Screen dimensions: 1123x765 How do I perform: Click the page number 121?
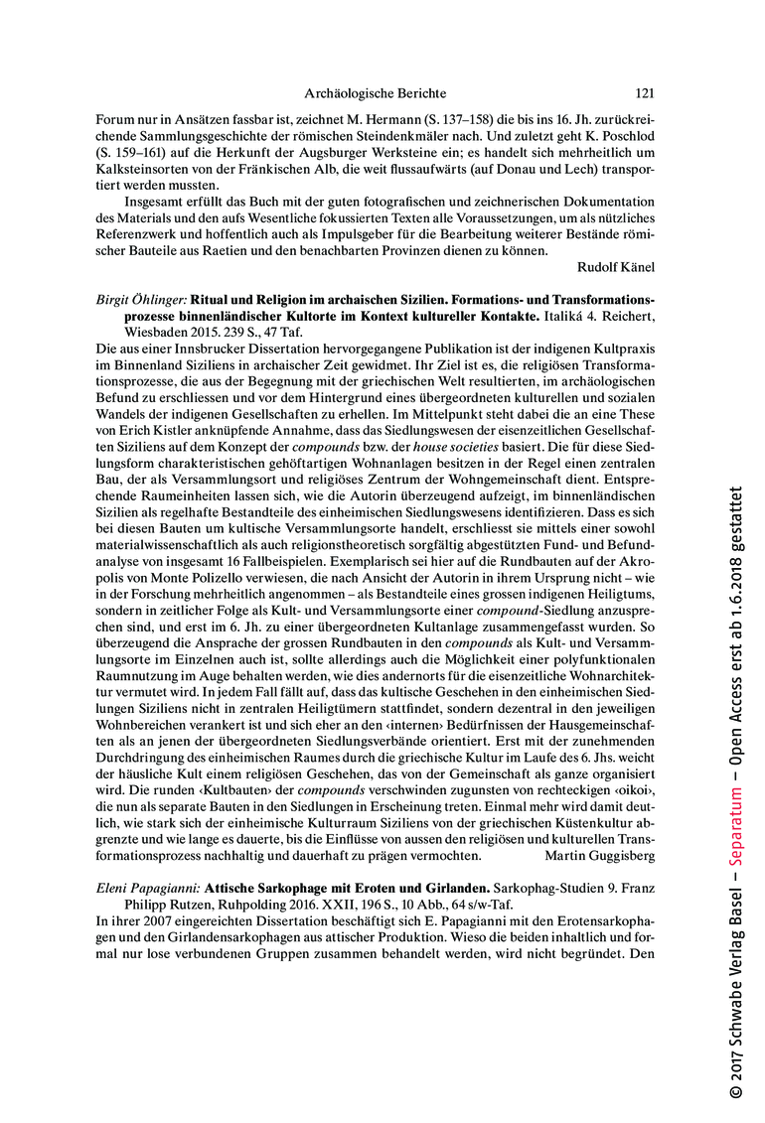pyautogui.click(x=644, y=93)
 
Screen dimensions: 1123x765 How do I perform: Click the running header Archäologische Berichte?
pyautogui.click(x=375, y=93)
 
